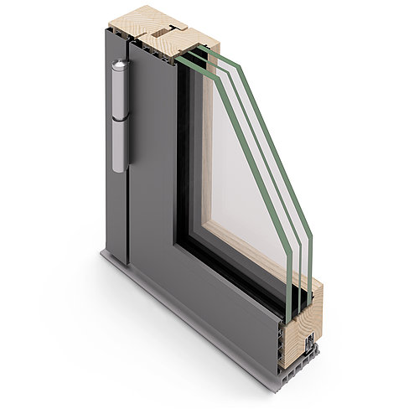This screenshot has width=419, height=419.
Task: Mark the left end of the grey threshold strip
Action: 105,252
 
